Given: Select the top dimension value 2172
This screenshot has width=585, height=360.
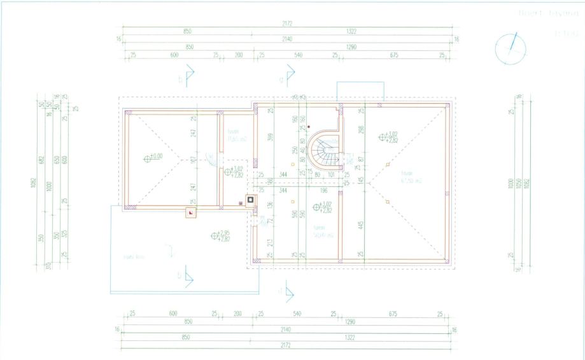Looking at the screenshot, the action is (286, 23).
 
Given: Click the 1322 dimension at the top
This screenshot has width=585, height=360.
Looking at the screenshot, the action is (351, 31).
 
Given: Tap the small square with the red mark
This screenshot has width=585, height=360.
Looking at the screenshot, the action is (190, 212).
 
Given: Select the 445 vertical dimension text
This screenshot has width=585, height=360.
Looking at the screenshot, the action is (360, 226).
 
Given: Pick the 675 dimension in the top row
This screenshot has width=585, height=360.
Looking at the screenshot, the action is (393, 55).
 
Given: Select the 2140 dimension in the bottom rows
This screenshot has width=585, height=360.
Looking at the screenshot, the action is (286, 329).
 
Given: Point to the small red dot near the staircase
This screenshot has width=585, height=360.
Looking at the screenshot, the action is (308, 127).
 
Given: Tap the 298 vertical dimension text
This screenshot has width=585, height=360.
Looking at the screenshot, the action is (360, 130).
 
